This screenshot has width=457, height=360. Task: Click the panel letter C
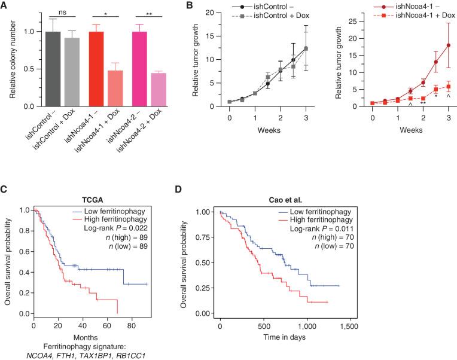click(5, 191)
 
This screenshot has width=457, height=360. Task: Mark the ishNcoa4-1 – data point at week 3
click(448, 45)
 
